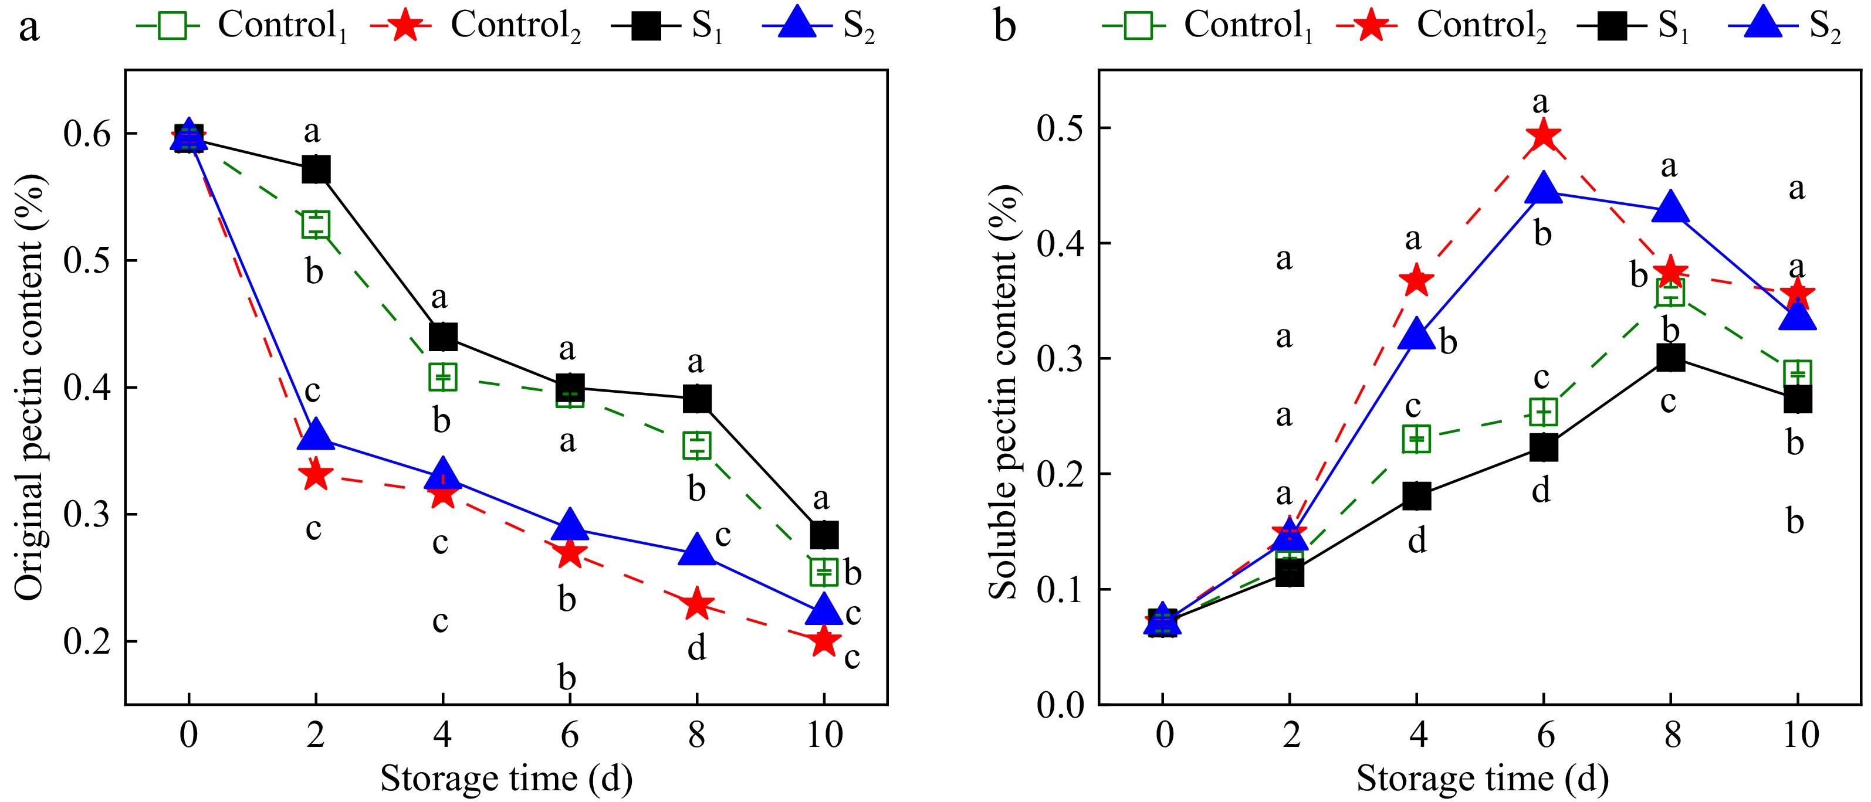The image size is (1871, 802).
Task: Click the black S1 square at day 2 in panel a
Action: click(316, 170)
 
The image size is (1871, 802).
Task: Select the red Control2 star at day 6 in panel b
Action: click(1544, 136)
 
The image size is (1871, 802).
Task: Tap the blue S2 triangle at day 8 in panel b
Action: click(1670, 208)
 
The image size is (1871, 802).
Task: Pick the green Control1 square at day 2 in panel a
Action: click(316, 225)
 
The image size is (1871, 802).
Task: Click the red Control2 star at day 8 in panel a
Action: click(697, 604)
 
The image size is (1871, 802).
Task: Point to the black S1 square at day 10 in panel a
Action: click(824, 535)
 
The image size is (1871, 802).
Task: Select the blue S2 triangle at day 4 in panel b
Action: click(1416, 335)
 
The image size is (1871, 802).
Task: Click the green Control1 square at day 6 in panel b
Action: click(1544, 412)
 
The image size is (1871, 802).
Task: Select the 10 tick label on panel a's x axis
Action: click(824, 735)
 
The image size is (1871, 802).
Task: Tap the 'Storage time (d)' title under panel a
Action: click(506, 779)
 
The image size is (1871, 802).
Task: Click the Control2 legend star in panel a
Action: click(405, 26)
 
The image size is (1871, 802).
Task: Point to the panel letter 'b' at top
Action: click(1004, 28)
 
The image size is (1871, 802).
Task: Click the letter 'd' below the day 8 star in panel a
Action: click(696, 647)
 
